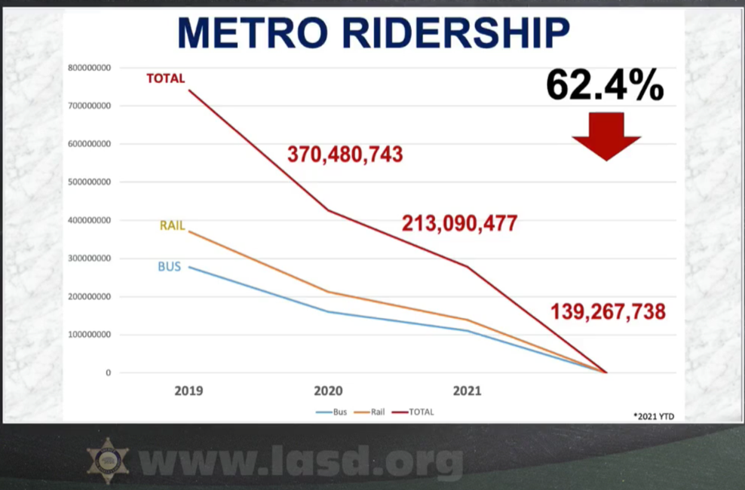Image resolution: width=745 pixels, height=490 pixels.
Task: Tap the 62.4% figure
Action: point(605,85)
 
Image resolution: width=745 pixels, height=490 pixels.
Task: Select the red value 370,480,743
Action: point(345,155)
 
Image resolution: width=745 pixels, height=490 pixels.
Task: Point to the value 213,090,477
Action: point(459,223)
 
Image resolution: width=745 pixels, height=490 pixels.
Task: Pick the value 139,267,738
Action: point(608,311)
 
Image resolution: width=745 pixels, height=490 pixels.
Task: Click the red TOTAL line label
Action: point(165,78)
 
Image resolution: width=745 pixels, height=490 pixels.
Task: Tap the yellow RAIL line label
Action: point(172,225)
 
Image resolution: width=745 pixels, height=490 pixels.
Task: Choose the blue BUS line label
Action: point(169,266)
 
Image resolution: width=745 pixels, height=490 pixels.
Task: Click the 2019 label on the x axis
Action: point(189,391)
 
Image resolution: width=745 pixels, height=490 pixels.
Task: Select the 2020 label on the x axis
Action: point(328,391)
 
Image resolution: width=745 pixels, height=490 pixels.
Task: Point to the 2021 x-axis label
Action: point(467,391)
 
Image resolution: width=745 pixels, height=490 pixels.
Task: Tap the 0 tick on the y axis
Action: point(108,372)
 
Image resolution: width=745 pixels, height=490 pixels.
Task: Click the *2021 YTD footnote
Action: point(653,415)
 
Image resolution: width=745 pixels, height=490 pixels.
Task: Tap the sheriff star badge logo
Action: point(108,461)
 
